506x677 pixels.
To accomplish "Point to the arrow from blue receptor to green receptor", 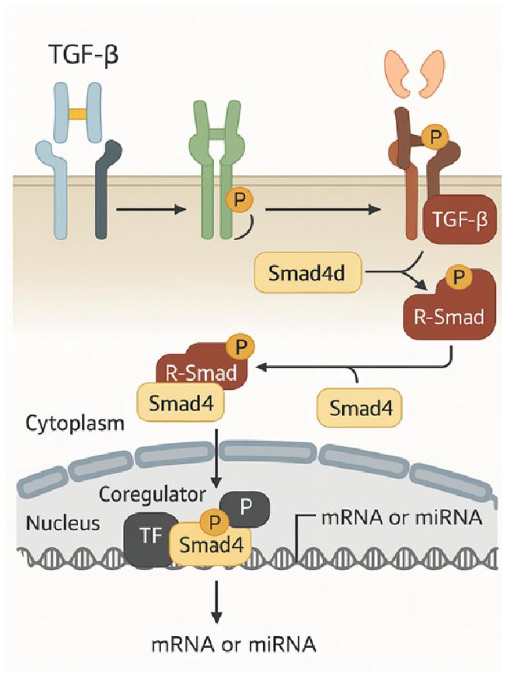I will point(149,211).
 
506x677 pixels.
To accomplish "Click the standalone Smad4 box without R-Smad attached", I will point(357,407).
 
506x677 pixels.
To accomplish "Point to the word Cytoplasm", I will point(75,423).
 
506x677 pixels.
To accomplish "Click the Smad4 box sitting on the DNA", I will point(211,546).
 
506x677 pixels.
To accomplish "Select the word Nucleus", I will point(63,524).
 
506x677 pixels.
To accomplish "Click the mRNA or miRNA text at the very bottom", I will point(216,643).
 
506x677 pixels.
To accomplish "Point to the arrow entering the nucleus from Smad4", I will point(216,456).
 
